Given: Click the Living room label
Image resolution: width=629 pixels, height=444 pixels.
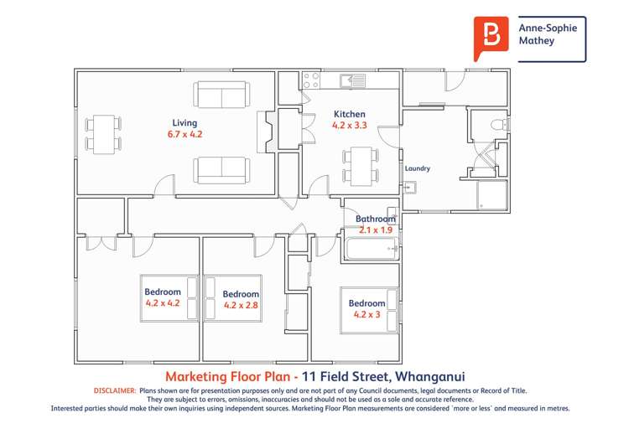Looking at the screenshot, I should point(185,122).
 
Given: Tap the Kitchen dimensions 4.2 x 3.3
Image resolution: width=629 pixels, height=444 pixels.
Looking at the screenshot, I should point(350,126).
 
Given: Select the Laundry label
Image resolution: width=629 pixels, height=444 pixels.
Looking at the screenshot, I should point(417,168).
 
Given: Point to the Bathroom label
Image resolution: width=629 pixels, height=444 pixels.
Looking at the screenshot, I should point(375,219).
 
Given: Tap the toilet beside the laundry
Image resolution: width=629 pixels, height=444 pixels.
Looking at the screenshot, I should point(498,126).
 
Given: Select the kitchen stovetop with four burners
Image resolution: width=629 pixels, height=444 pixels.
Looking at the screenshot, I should point(311,80).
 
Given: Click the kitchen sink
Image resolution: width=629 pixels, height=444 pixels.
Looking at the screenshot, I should point(351,80).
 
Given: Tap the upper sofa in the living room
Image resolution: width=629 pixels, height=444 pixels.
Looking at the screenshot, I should point(221,95).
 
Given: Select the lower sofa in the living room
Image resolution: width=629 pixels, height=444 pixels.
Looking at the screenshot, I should point(221,170).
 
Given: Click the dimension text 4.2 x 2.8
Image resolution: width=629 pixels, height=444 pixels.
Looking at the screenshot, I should point(241,305).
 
